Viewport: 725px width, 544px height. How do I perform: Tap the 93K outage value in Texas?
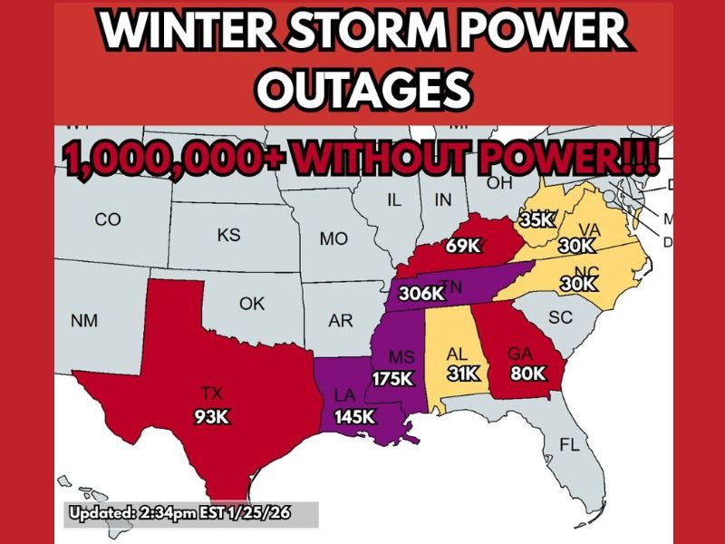click(212, 418)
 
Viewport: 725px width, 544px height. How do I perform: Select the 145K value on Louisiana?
click(353, 417)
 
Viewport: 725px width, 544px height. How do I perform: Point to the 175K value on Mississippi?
click(392, 379)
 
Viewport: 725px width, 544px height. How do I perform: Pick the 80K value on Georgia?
click(527, 373)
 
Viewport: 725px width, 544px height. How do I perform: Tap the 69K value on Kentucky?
click(461, 245)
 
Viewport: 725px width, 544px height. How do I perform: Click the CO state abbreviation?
click(107, 220)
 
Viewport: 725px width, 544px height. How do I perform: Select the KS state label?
click(228, 236)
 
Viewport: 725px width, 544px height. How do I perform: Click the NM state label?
click(84, 321)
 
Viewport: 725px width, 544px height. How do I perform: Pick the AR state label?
click(341, 321)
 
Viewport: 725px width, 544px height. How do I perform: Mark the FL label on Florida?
click(569, 446)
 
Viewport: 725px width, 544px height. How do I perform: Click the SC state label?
click(562, 318)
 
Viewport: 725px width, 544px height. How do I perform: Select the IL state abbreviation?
click(393, 200)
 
